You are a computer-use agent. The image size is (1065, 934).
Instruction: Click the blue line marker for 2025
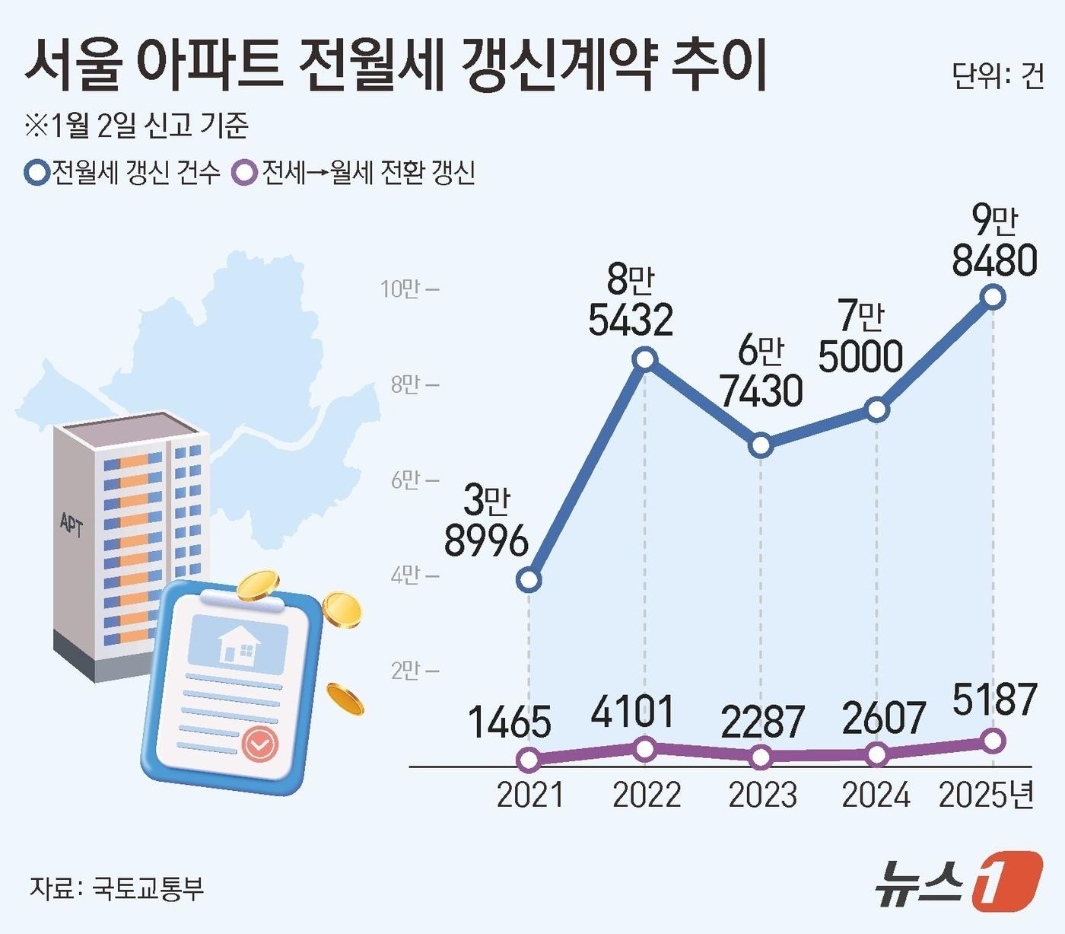993,297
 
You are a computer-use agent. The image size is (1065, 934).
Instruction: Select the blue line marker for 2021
529,581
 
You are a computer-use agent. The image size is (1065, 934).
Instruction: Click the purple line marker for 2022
645,749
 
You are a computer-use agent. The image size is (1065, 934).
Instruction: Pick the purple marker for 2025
993,740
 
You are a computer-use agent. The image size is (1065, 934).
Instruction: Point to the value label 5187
994,700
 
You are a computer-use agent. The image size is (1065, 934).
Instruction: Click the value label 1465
509,722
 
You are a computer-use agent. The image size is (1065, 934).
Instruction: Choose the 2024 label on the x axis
876,795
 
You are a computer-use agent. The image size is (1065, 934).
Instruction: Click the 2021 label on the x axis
529,795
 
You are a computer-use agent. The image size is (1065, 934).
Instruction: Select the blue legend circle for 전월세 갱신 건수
37,173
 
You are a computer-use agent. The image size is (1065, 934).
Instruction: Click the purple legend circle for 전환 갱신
245,173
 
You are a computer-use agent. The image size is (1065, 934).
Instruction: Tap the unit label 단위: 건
997,76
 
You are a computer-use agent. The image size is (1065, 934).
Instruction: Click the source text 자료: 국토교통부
116,888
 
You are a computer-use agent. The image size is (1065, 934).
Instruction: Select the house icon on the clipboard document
239,645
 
